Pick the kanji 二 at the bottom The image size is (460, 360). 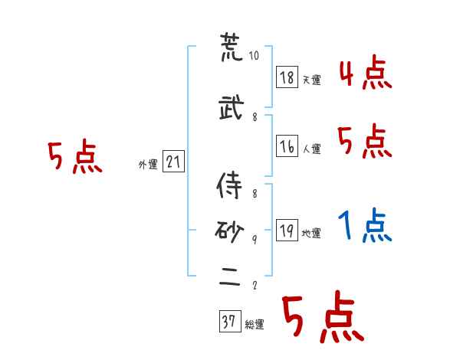tap(231, 278)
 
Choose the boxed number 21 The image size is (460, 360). tap(173, 162)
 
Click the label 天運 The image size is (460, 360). tap(311, 80)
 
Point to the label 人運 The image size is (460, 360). tap(311, 149)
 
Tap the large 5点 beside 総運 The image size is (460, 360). tap(321, 319)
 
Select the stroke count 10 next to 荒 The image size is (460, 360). tap(255, 57)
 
